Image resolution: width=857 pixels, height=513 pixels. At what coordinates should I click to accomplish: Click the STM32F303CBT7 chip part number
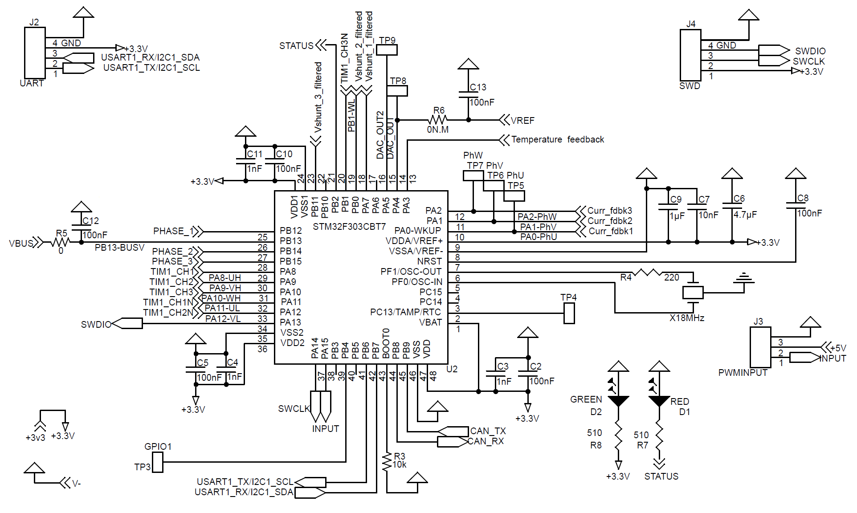[x=349, y=227]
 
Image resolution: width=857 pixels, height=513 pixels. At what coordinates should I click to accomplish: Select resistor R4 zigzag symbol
[x=647, y=273]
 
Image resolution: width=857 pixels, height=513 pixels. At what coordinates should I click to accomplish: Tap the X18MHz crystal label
[x=687, y=318]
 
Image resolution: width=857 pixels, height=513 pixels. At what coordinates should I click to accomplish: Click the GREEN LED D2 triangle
[x=618, y=400]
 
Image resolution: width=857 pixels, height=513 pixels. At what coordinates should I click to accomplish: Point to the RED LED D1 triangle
[x=659, y=400]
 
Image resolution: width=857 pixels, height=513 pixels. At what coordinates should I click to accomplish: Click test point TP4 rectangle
[x=569, y=313]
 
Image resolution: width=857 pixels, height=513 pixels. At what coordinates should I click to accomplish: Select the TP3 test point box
[x=158, y=462]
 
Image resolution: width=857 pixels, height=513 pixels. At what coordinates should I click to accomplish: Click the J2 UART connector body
[x=35, y=53]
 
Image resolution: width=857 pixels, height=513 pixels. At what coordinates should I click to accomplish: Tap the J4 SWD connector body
[x=690, y=55]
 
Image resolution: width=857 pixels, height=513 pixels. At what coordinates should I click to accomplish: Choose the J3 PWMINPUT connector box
[x=760, y=347]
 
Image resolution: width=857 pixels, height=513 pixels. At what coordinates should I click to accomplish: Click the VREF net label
[x=522, y=121]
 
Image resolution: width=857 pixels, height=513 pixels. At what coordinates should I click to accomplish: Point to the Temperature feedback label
[x=557, y=139]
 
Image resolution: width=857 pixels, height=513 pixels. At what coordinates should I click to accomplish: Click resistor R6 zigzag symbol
[x=438, y=120]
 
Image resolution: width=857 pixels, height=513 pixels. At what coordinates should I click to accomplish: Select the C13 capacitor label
[x=478, y=87]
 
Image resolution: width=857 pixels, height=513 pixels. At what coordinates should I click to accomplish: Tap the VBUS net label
[x=21, y=243]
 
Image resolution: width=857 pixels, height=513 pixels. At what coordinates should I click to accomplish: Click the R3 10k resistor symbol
[x=387, y=462]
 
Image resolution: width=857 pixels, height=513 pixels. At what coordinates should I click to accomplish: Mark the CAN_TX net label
[x=488, y=431]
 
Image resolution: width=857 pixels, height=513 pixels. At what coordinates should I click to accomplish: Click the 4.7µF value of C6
[x=745, y=215]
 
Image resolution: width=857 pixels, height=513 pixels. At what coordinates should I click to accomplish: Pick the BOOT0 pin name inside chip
[x=386, y=343]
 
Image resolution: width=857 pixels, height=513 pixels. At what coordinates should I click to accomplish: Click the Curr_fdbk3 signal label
[x=609, y=210]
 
